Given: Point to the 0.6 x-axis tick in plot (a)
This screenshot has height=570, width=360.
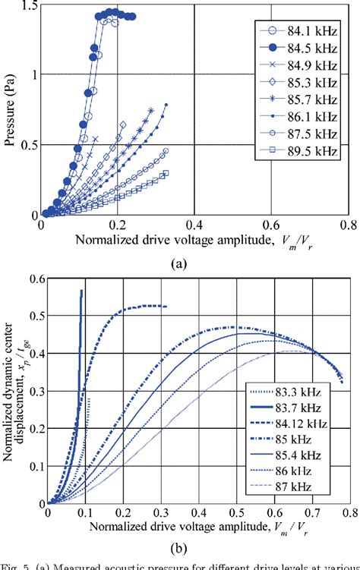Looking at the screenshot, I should point(273,225).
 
